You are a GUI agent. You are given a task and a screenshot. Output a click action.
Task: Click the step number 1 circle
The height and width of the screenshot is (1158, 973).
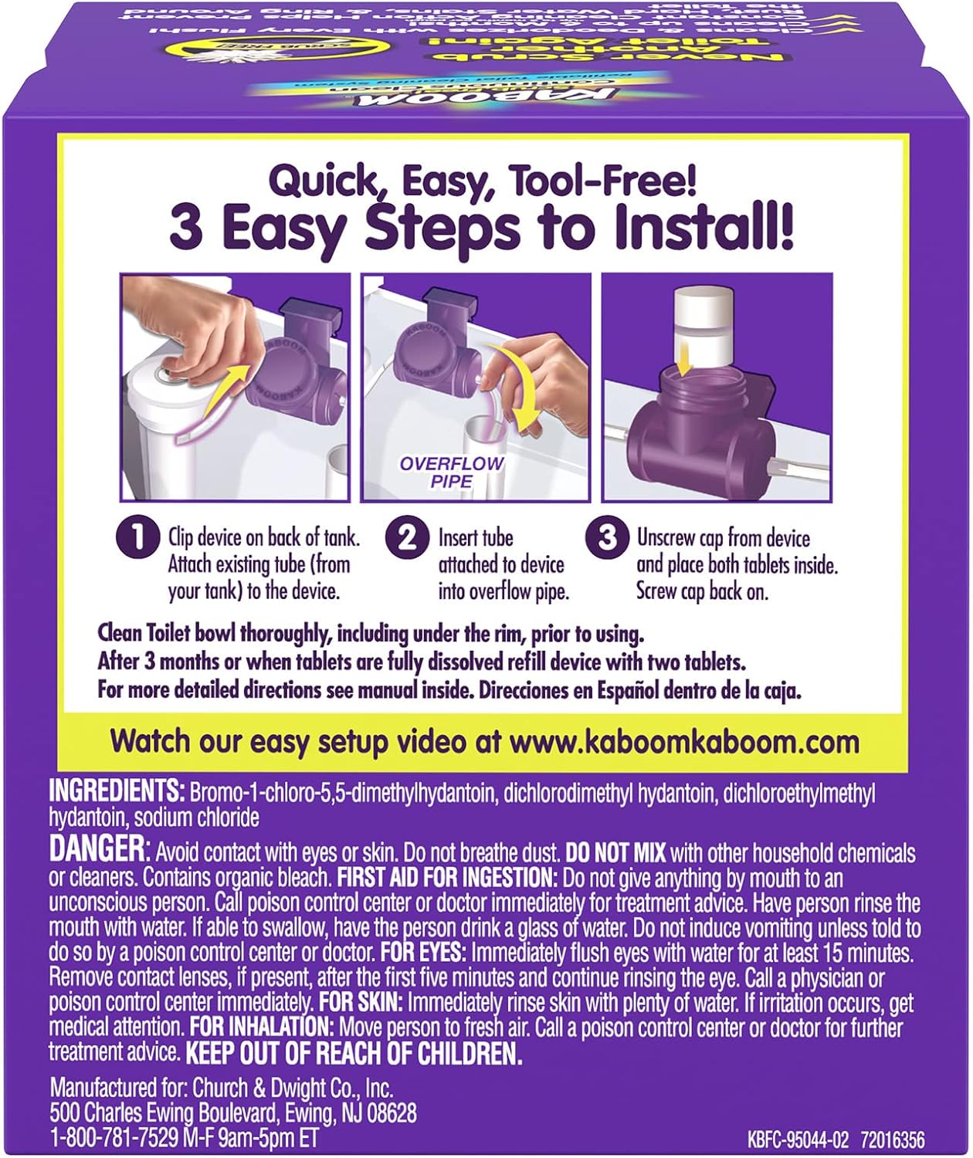click(x=136, y=537)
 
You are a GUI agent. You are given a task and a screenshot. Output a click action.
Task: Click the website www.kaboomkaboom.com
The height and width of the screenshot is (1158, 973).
click(x=683, y=742)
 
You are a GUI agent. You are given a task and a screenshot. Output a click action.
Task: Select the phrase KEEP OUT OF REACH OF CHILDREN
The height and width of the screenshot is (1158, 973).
click(x=354, y=1053)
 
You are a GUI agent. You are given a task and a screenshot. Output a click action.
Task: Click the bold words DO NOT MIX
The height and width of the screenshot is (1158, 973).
click(x=615, y=853)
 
